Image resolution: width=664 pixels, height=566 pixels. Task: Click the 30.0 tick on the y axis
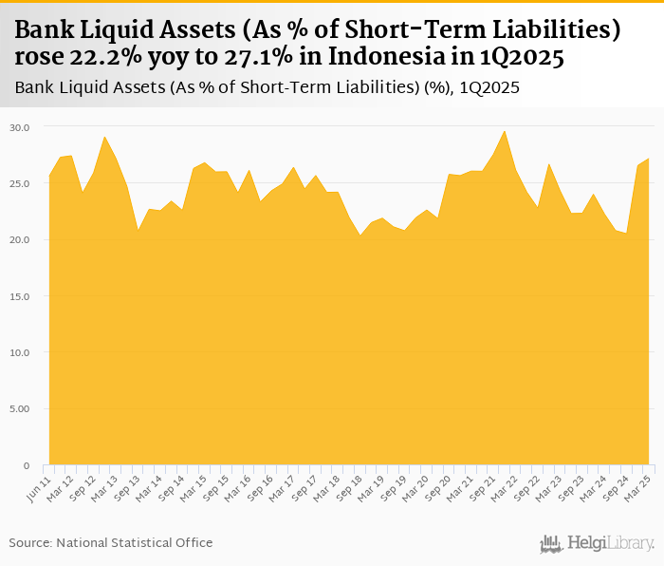[20, 126]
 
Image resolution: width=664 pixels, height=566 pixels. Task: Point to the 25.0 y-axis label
[20, 183]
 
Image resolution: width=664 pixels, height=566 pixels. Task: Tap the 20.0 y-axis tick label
[20, 239]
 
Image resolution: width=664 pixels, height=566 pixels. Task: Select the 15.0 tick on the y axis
[20, 296]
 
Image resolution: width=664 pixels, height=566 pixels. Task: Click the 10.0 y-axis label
[20, 352]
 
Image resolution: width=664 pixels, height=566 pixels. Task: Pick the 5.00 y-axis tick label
[20, 409]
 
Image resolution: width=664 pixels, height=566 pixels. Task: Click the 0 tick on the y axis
[27, 465]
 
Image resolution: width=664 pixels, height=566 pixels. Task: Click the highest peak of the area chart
[505, 131]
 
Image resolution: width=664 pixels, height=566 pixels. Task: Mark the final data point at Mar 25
[649, 159]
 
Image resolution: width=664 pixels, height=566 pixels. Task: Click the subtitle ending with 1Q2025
[267, 88]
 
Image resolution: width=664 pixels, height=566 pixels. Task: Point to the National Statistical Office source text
[111, 542]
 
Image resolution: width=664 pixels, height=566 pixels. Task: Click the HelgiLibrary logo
[597, 543]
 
